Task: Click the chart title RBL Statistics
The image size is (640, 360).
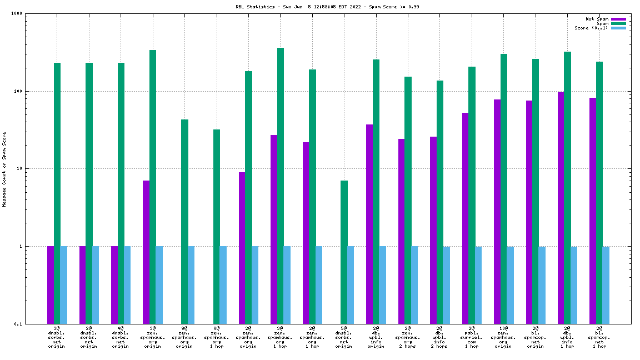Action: [328, 7]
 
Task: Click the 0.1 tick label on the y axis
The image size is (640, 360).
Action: [18, 324]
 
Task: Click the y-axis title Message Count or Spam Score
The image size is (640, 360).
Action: [4, 169]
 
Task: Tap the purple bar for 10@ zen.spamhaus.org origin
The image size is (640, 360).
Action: [497, 211]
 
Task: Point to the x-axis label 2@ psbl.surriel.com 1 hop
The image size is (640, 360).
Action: [471, 337]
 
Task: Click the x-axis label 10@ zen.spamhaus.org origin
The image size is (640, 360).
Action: [503, 337]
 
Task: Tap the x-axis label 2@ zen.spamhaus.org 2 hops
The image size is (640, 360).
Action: [407, 337]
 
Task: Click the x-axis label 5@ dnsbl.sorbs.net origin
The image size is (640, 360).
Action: [344, 337]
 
